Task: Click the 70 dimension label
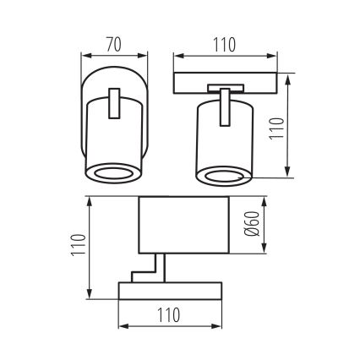tap(115, 42)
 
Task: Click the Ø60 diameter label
tap(251, 224)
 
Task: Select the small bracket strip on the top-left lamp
tap(115, 106)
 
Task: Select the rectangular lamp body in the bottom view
tap(183, 224)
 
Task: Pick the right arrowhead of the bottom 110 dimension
tap(219, 328)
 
